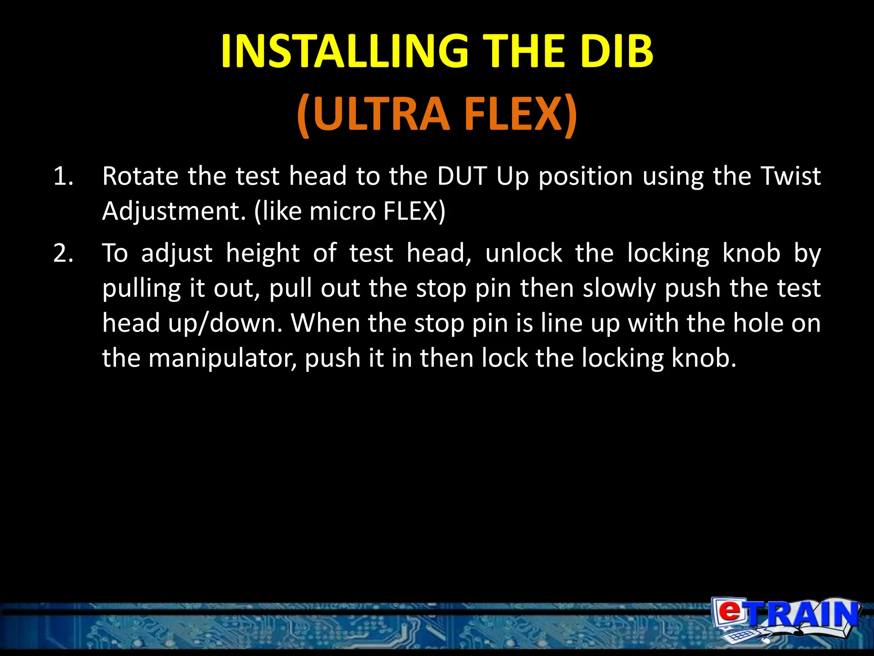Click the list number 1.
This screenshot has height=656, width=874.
tap(63, 176)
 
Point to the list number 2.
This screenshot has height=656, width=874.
tap(63, 253)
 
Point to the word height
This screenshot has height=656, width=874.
tap(262, 253)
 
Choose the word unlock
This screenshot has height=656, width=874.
tap(524, 253)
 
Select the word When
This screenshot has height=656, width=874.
tap(324, 323)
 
